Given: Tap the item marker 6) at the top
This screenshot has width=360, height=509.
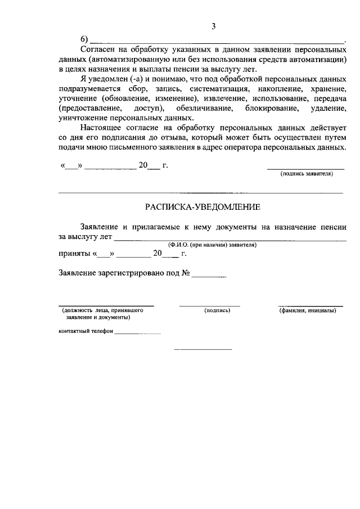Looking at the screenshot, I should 85,39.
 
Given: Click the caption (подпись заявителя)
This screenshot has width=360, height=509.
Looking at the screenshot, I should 307,174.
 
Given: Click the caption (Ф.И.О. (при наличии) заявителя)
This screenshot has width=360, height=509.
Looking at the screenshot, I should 213,245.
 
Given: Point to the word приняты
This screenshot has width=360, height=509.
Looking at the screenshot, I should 74,254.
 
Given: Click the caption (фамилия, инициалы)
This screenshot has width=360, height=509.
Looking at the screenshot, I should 308,310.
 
